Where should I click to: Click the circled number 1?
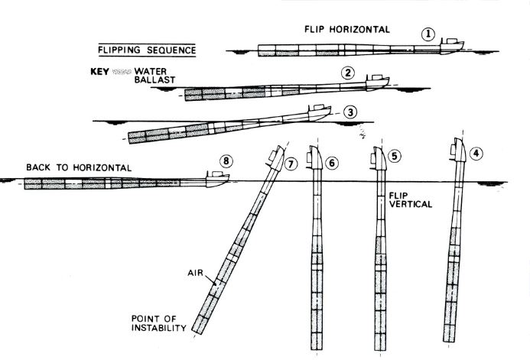428,34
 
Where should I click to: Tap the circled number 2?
348,73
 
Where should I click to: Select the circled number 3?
350,112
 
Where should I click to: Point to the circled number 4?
476,154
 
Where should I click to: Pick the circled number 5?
395,156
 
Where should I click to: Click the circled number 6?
332,163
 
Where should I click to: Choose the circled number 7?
291,164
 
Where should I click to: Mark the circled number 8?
226,161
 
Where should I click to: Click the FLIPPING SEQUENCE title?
147,50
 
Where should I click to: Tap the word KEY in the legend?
99,72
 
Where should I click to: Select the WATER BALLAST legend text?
154,76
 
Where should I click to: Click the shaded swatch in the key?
122,72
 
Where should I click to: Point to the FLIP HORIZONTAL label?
347,29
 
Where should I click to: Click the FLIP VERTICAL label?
411,200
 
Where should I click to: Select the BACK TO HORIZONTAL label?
79,167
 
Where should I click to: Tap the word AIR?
195,272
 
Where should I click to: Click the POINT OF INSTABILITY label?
158,323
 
